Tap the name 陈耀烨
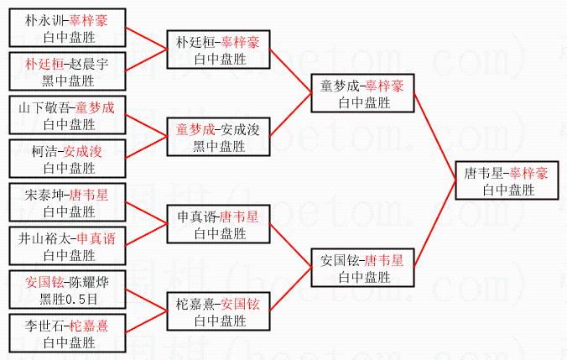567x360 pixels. coord(92,280)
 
